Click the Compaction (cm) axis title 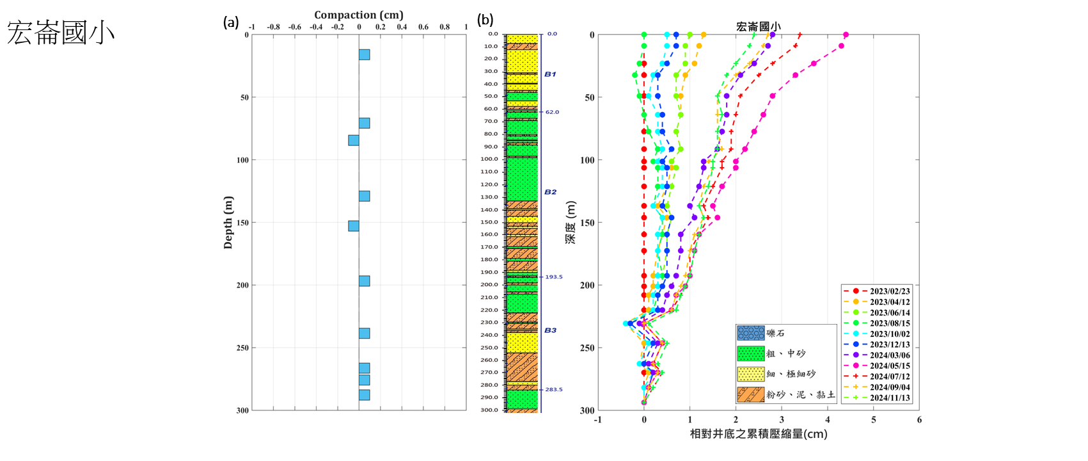[359, 15]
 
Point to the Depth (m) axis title [228, 222]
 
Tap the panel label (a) [231, 22]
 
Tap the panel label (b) [485, 20]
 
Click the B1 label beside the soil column [550, 74]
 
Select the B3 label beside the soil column [550, 330]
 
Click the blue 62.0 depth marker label [552, 112]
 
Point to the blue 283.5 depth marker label [553, 389]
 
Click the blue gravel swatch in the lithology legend [750, 334]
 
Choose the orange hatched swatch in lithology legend [750, 394]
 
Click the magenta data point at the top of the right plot [846, 35]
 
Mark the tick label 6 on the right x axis [919, 420]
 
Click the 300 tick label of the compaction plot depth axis [242, 410]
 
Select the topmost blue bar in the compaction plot [364, 54]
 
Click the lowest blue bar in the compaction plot [364, 394]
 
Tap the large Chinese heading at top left [61, 32]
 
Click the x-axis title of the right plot [758, 434]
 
